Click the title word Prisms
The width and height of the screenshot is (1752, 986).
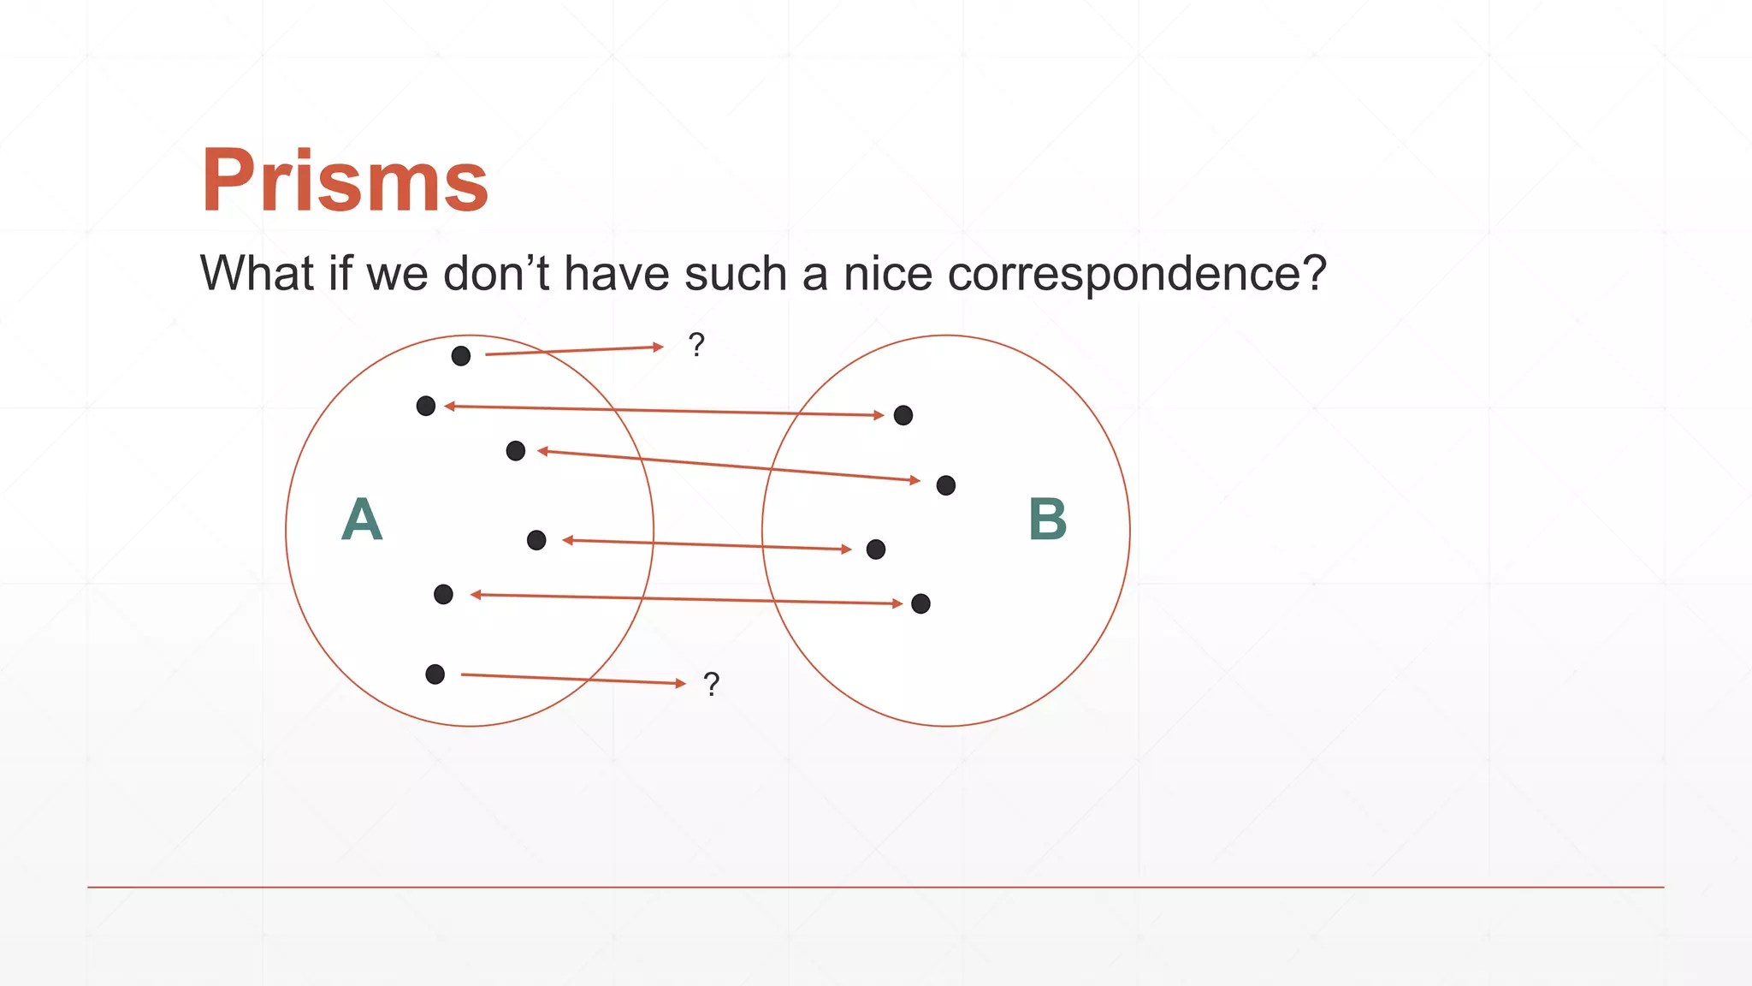pyautogui.click(x=345, y=181)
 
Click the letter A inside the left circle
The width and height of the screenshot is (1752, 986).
pyautogui.click(x=362, y=520)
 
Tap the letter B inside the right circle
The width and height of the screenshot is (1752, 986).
pyautogui.click(x=1048, y=520)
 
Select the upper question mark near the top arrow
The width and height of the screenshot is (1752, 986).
pyautogui.click(x=696, y=345)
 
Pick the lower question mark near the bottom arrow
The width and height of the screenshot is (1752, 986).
pyautogui.click(x=711, y=684)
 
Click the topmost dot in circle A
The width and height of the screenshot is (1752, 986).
pyautogui.click(x=461, y=356)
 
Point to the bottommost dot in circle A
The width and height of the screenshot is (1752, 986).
pyautogui.click(x=435, y=674)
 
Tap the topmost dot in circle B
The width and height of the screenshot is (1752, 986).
pyautogui.click(x=903, y=416)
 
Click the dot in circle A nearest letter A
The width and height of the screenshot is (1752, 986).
pyautogui.click(x=443, y=595)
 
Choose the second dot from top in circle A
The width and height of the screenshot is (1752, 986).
pyautogui.click(x=426, y=406)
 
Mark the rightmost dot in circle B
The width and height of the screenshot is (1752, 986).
pyautogui.click(x=946, y=486)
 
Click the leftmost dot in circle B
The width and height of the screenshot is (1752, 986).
pyautogui.click(x=876, y=549)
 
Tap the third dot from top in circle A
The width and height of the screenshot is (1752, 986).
pyautogui.click(x=516, y=451)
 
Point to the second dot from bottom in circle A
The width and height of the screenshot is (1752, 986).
pyautogui.click(x=443, y=595)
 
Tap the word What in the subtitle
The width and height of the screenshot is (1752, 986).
pyautogui.click(x=257, y=275)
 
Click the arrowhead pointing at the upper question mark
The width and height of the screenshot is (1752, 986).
pyautogui.click(x=658, y=347)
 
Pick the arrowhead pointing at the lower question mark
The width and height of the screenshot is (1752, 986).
pyautogui.click(x=681, y=683)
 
